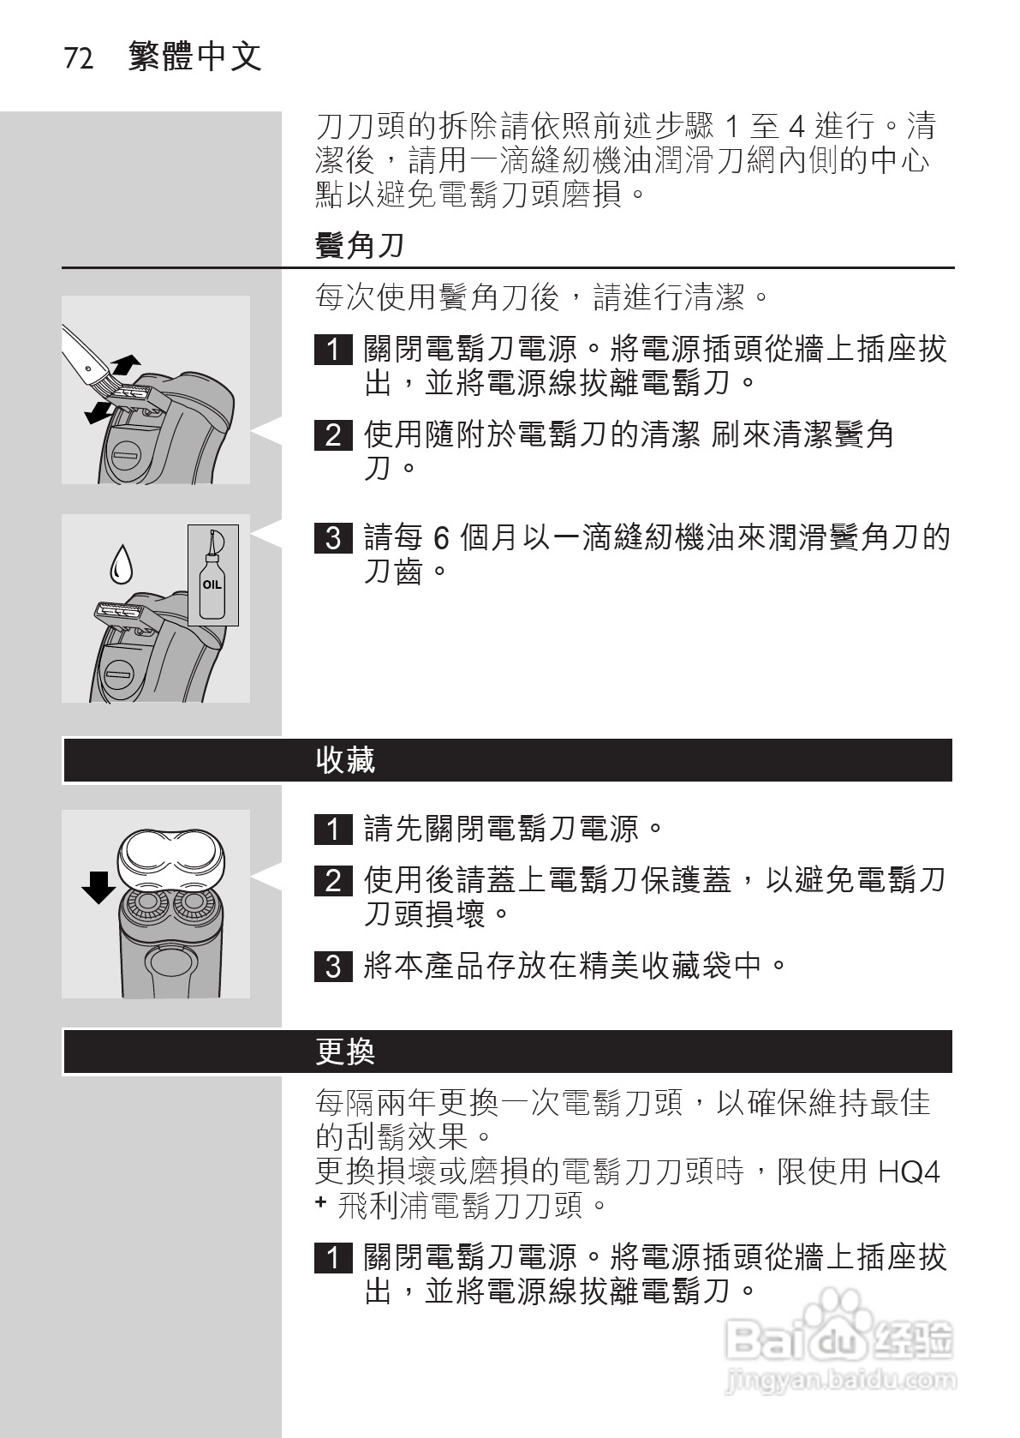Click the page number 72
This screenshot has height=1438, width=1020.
tap(79, 59)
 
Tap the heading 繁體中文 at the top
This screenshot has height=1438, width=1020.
tap(195, 57)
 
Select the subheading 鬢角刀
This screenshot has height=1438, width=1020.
tap(360, 246)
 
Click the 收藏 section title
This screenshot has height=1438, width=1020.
tap(346, 760)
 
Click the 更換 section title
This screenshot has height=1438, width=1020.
tap(346, 1052)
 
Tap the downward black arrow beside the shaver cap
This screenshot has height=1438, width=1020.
tap(98, 887)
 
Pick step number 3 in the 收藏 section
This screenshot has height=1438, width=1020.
tap(333, 967)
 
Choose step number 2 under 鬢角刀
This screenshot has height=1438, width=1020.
tap(333, 435)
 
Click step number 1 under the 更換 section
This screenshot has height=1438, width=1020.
tap(333, 1258)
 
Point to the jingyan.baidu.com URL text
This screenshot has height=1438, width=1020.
tap(839, 1381)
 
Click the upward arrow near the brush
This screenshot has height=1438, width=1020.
tap(126, 363)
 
